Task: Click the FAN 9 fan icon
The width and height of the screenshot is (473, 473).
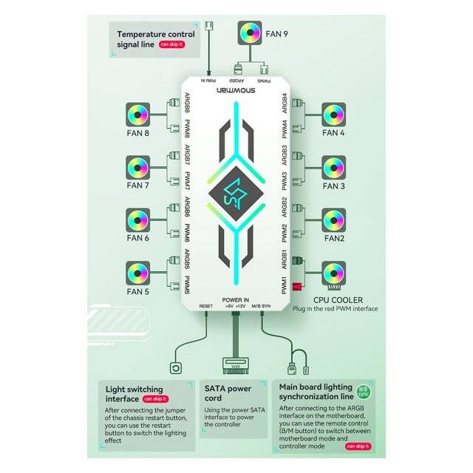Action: click(x=250, y=33)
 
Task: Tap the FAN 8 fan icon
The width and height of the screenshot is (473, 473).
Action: click(x=137, y=115)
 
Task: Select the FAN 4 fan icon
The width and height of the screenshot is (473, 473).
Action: click(x=334, y=115)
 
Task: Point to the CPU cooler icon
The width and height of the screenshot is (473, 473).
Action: click(x=334, y=275)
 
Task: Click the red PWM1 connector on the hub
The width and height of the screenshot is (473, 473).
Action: click(x=297, y=286)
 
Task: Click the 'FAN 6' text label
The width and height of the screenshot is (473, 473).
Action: click(x=137, y=238)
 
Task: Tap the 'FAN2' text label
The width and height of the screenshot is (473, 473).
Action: click(x=333, y=238)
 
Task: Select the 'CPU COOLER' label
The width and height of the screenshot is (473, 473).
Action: click(x=338, y=300)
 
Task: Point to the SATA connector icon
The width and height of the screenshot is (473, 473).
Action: click(x=235, y=365)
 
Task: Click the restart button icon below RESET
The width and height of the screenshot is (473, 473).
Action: click(x=177, y=367)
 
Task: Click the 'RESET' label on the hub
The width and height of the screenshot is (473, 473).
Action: click(x=206, y=306)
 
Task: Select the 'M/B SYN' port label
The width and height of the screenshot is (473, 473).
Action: click(x=262, y=306)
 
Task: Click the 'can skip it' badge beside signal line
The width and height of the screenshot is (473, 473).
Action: click(x=171, y=45)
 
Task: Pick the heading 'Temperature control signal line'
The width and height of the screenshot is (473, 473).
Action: click(x=155, y=39)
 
